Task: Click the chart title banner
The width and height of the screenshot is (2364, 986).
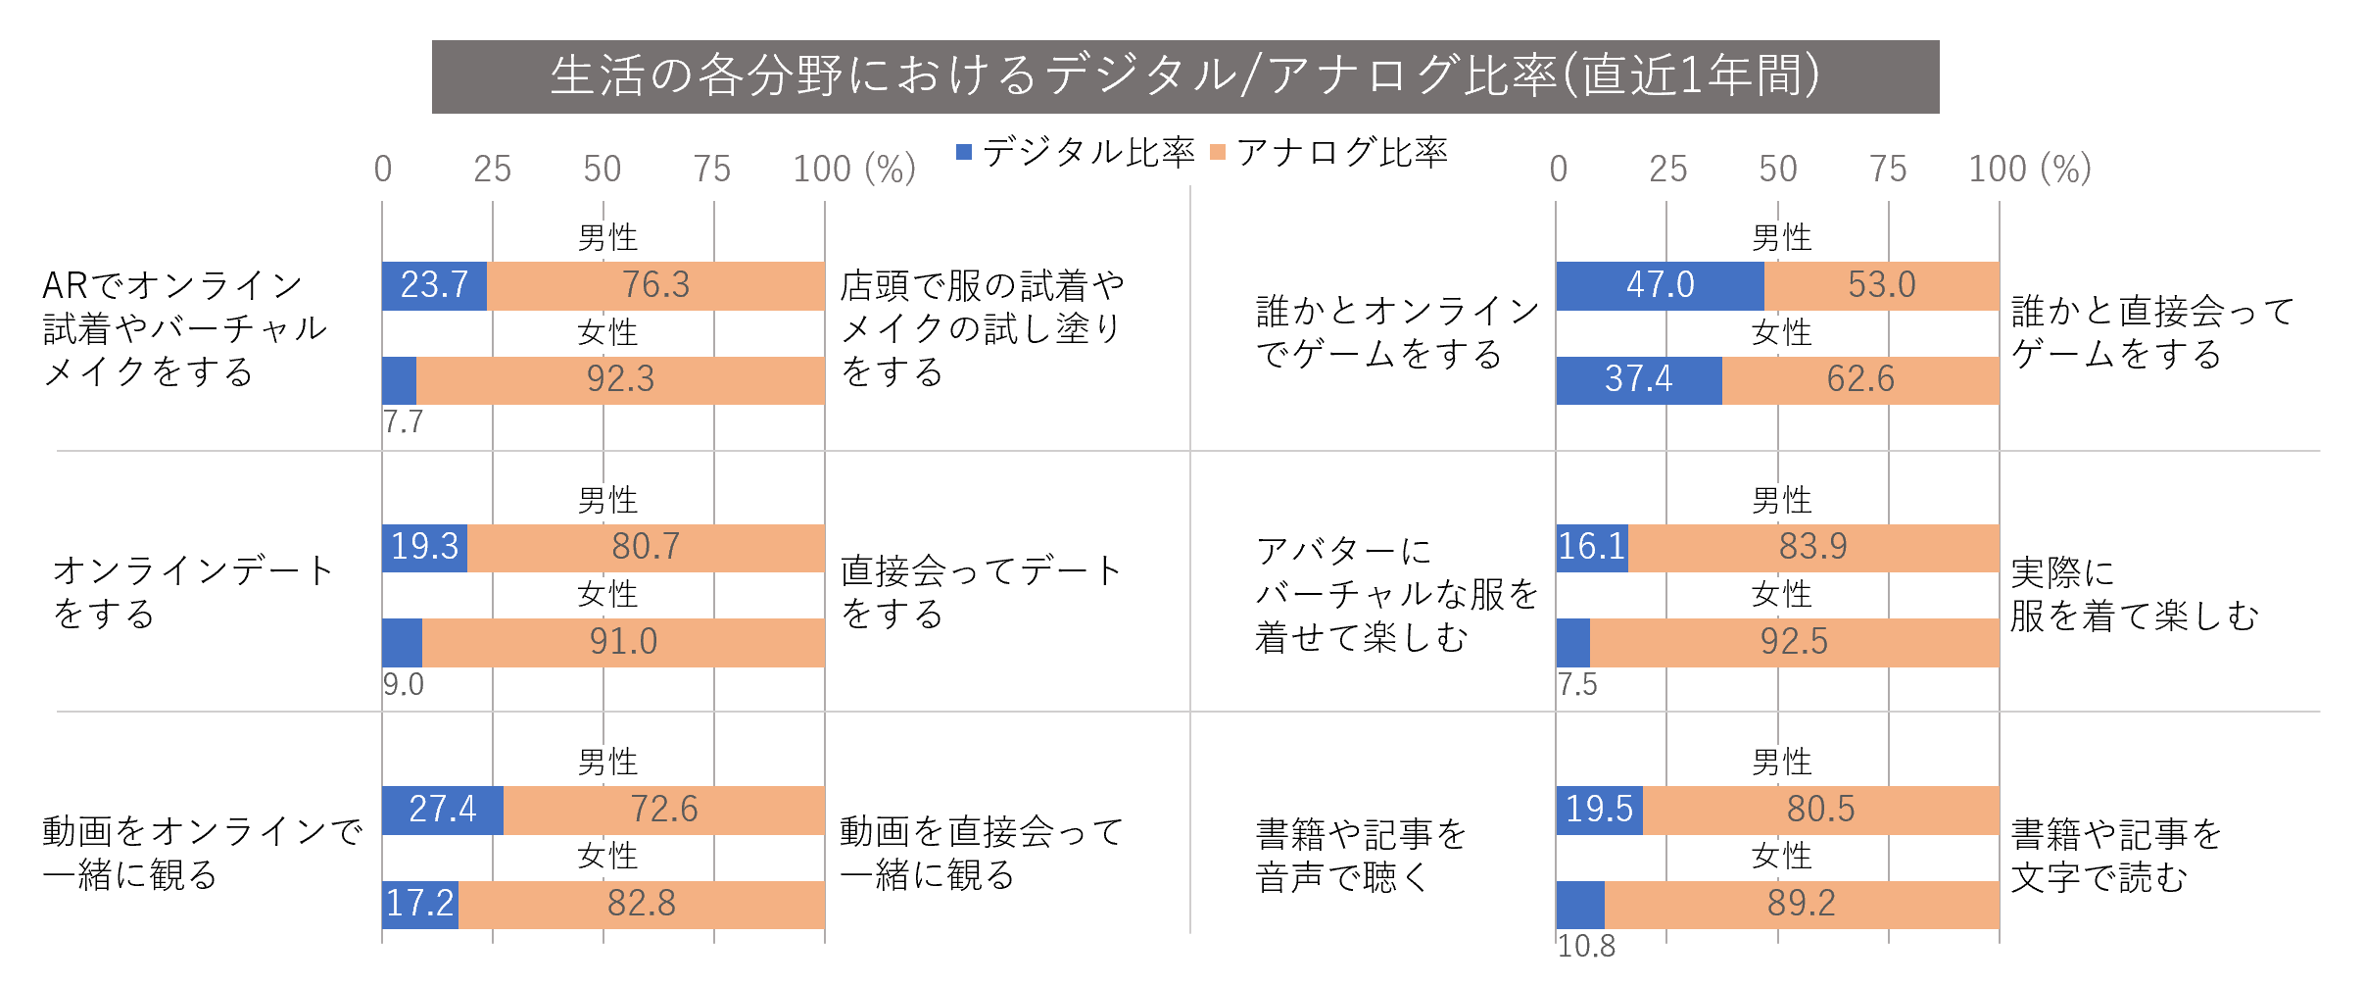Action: click(1185, 76)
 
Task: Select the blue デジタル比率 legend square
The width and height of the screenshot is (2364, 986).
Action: click(964, 152)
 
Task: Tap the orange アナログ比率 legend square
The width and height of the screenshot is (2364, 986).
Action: click(1219, 152)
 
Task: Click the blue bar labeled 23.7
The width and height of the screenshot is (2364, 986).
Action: click(434, 285)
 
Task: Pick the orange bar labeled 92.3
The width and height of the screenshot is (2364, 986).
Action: click(620, 379)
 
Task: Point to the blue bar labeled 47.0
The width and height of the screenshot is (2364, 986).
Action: click(1660, 285)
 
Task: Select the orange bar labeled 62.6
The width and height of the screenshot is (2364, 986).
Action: click(1860, 379)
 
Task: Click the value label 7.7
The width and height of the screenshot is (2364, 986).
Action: click(403, 422)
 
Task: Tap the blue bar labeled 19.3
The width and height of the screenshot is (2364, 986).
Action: click(424, 547)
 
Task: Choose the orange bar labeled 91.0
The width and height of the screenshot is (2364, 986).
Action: click(623, 642)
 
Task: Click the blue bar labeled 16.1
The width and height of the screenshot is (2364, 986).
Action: click(1592, 547)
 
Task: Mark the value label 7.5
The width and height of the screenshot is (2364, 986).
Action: click(1577, 684)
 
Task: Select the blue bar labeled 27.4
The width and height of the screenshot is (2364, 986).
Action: click(442, 810)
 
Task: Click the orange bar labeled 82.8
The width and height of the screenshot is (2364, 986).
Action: click(642, 904)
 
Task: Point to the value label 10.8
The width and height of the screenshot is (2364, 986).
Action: click(1586, 946)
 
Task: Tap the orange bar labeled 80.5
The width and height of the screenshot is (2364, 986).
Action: click(1820, 810)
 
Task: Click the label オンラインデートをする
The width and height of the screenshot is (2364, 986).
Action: click(193, 591)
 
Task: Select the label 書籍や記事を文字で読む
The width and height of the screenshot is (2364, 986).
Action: click(2116, 855)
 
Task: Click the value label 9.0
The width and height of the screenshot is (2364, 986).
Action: click(403, 684)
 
